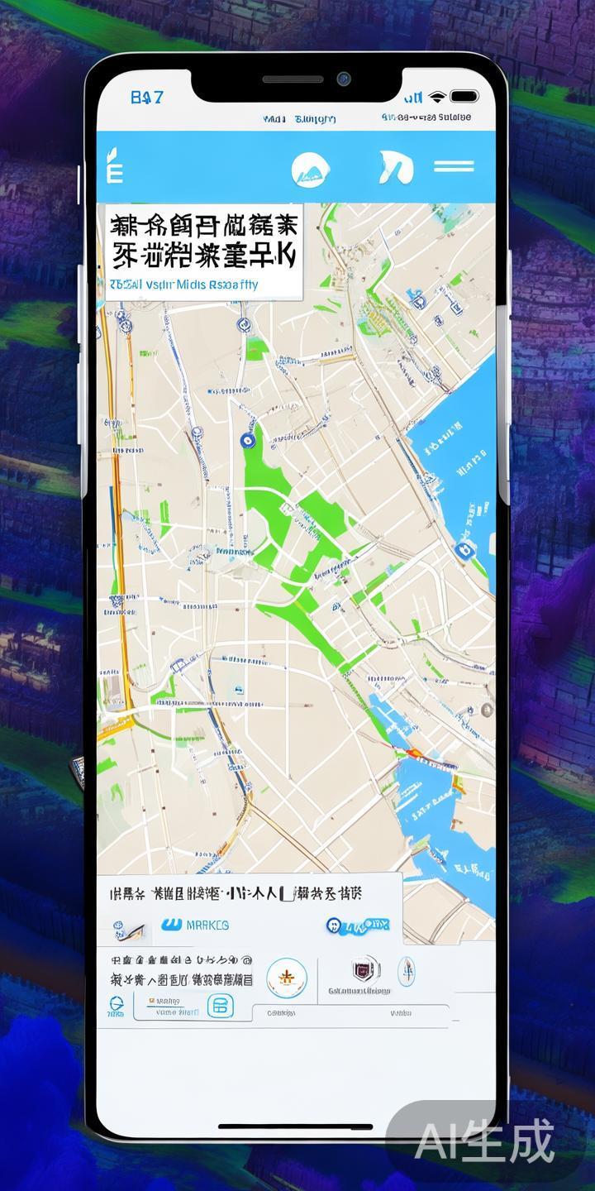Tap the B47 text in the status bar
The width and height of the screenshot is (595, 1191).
[x=147, y=98]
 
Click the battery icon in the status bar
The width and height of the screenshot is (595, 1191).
[x=464, y=97]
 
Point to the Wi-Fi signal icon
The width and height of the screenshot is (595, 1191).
[x=437, y=97]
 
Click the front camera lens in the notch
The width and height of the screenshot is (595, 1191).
[x=343, y=79]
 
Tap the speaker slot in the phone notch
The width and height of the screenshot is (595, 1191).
[x=293, y=79]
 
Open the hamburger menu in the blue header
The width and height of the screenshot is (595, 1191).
[x=454, y=167]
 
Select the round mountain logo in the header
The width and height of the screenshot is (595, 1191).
[x=311, y=169]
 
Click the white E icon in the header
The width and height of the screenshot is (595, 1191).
[x=115, y=168]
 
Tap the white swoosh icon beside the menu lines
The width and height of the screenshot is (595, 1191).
[x=395, y=168]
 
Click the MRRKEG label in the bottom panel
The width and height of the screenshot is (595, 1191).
[x=207, y=925]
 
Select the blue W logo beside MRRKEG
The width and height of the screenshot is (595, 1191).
[x=172, y=924]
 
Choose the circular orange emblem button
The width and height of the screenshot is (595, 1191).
[x=287, y=977]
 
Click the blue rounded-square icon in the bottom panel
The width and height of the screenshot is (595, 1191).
[x=220, y=1006]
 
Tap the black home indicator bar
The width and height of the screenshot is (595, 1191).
[x=295, y=1126]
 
